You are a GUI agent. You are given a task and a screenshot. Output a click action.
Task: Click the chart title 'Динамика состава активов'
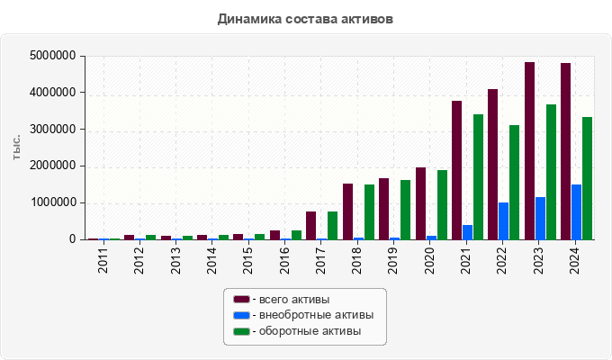305,18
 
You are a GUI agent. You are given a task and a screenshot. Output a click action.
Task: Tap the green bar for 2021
479,177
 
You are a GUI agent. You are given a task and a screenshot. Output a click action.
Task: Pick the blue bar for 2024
577,212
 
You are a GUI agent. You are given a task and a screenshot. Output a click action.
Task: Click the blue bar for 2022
504,221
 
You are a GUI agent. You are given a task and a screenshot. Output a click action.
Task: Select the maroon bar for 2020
420,203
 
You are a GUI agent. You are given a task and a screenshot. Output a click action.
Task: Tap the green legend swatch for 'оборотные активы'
241,331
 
